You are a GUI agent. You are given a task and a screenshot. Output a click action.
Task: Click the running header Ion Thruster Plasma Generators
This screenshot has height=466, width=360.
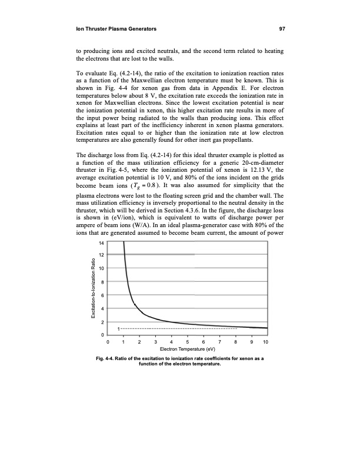click(114, 28)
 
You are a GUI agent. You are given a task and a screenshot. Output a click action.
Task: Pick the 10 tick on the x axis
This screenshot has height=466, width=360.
click(266, 342)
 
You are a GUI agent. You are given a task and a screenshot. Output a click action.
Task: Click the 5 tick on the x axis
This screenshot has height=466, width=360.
click(187, 342)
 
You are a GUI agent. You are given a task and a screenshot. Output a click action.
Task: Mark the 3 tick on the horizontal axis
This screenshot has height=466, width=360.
click(155, 342)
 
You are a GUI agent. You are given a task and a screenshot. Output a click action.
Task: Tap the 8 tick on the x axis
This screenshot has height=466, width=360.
click(235, 342)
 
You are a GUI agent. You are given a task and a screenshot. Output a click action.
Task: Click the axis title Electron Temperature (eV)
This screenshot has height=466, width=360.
click(187, 349)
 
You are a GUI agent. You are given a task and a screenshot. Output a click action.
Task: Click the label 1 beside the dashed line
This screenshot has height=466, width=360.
click(119, 328)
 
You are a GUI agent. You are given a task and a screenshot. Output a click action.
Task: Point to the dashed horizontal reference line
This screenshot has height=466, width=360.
click(176, 328)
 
